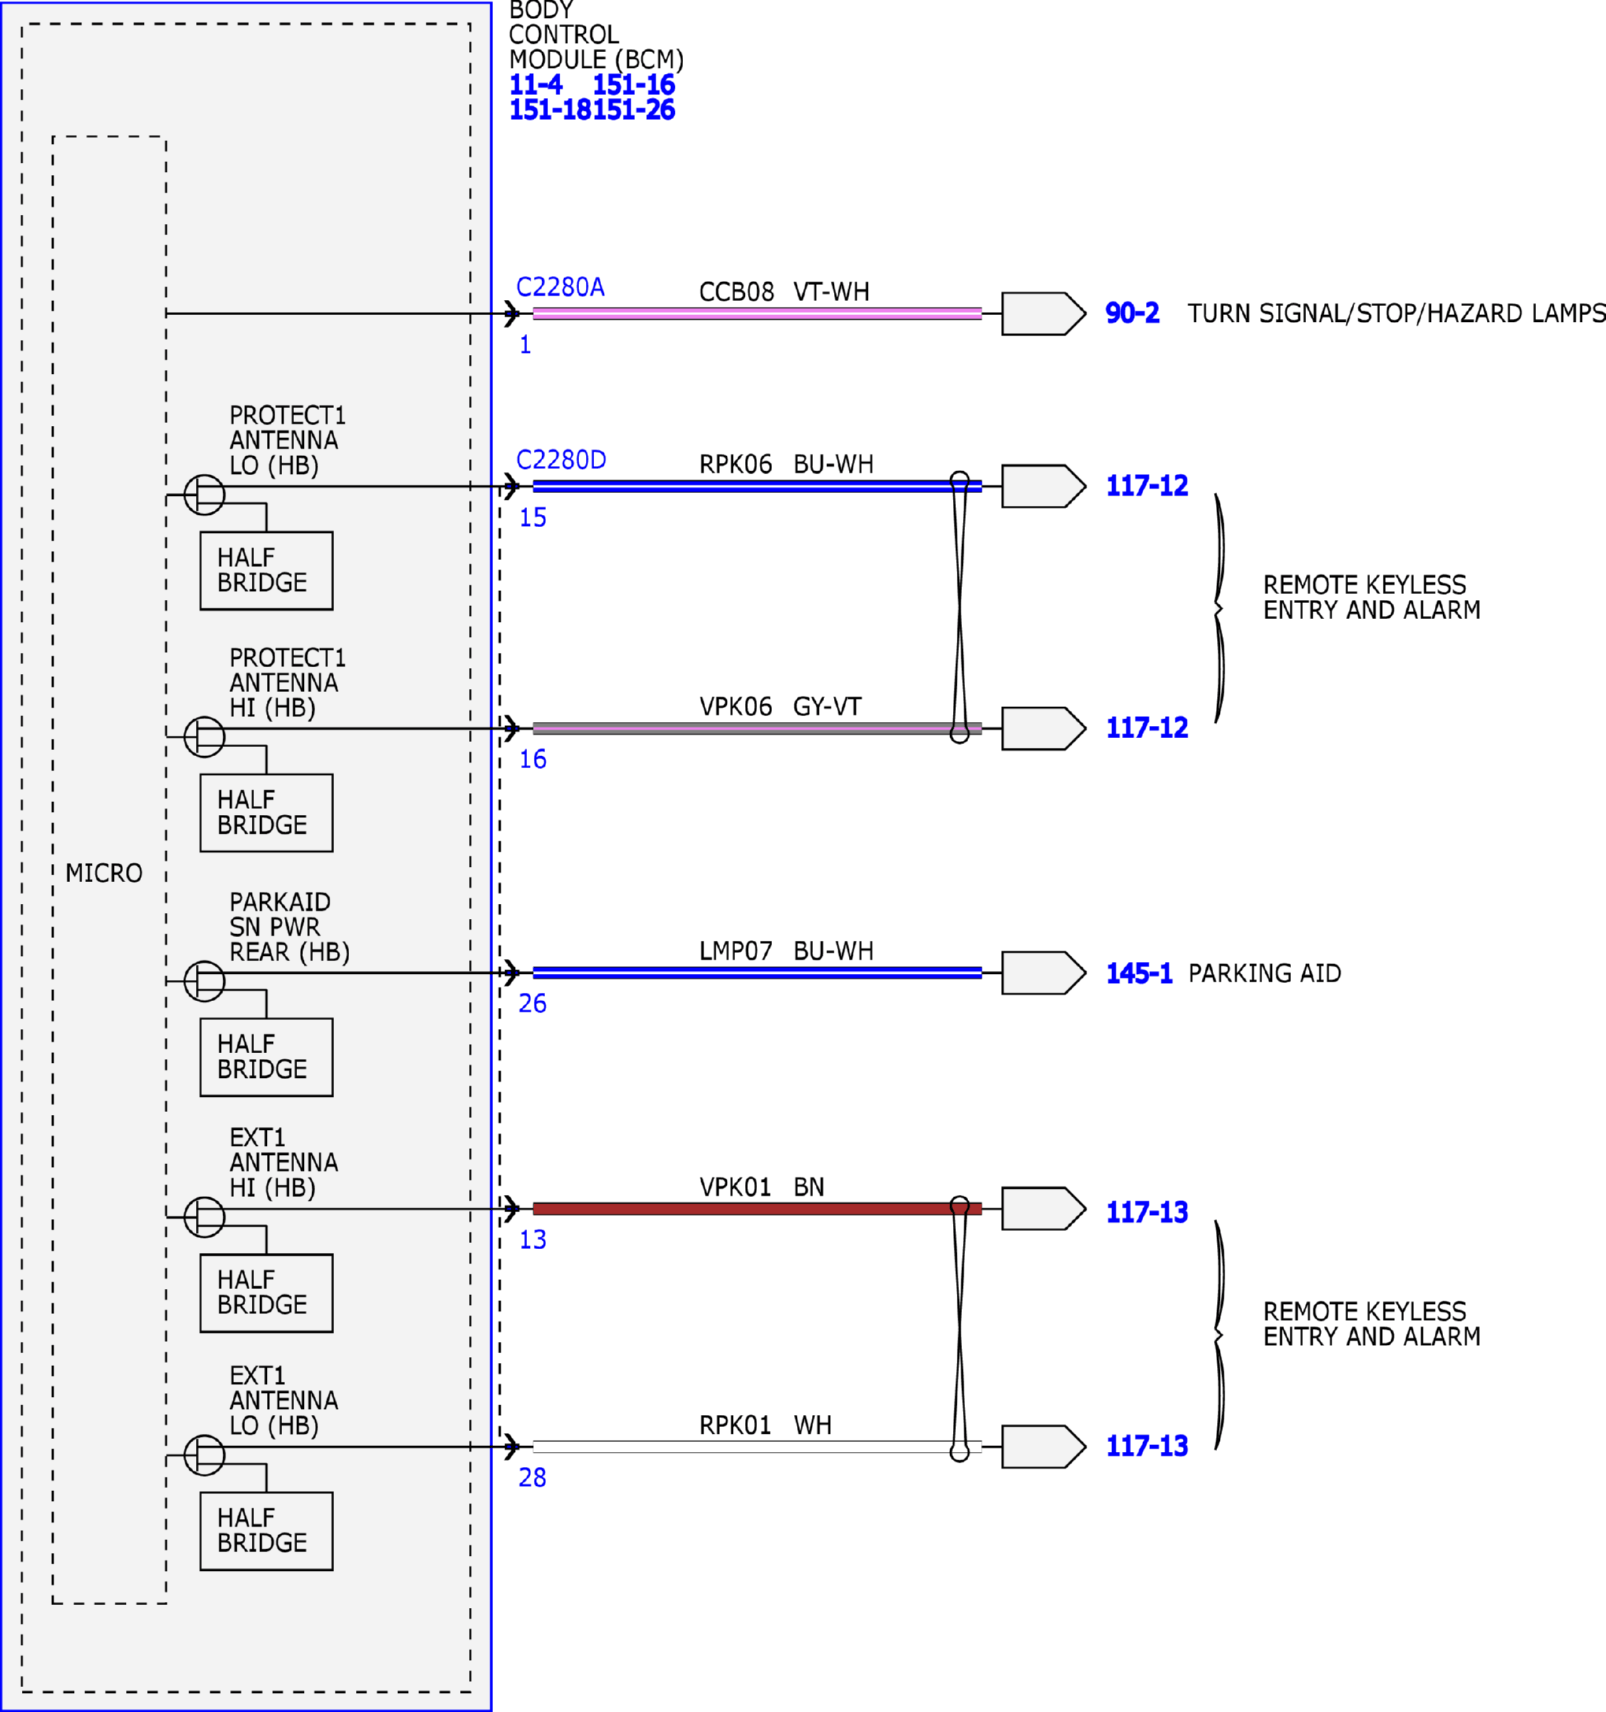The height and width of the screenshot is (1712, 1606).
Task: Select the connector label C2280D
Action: pos(561,460)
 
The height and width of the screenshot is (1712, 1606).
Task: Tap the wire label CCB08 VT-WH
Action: pos(783,292)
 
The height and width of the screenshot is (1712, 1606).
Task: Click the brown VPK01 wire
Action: pos(757,1208)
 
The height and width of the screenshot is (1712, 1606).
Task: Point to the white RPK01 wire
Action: pos(757,1447)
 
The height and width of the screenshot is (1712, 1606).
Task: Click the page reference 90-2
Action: pos(1132,313)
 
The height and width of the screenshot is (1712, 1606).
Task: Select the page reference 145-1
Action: pos(1139,973)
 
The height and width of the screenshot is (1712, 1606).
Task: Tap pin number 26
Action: pos(532,1003)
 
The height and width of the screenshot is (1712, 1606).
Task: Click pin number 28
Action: pos(532,1478)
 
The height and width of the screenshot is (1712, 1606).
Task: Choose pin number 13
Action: pos(532,1240)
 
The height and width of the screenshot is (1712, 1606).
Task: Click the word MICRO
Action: pos(104,873)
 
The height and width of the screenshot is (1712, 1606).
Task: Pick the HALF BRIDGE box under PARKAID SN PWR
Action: pos(266,1058)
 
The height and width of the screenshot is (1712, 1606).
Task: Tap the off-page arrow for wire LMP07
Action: pos(1044,973)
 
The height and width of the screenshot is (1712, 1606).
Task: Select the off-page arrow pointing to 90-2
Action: pos(1044,314)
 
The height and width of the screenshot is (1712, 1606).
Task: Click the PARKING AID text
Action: pos(1265,973)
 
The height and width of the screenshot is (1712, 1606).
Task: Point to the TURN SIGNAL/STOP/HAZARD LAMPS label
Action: pos(1396,313)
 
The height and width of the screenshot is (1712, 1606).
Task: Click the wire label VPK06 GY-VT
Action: pos(780,706)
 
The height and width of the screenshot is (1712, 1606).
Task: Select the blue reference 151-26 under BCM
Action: pos(634,109)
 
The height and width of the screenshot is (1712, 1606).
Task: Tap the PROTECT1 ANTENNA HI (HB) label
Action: pos(287,683)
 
